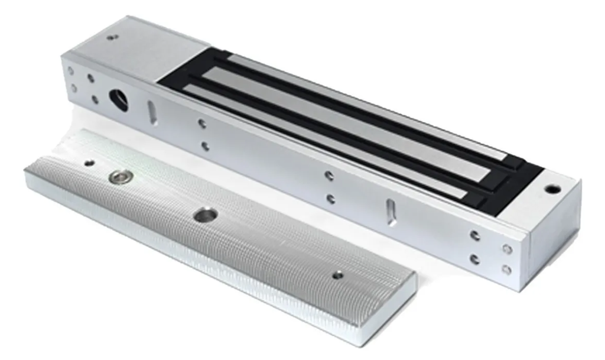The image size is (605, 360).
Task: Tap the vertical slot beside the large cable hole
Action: [x=152, y=112]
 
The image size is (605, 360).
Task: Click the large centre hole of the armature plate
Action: [x=204, y=215]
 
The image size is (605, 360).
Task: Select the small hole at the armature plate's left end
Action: [x=89, y=163]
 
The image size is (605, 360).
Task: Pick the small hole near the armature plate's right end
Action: [x=337, y=274]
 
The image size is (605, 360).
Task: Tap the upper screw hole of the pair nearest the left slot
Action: [x=202, y=124]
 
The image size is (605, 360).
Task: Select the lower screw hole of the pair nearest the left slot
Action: [x=204, y=145]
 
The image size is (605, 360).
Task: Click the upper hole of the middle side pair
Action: [x=329, y=176]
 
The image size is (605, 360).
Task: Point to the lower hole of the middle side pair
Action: [x=330, y=199]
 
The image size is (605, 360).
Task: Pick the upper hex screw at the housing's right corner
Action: [x=506, y=249]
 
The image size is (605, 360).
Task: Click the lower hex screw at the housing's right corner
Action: [x=506, y=270]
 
